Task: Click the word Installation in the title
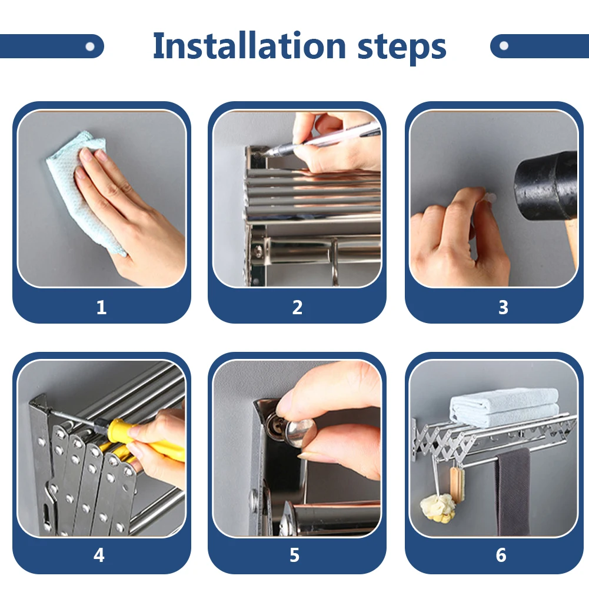click(249, 45)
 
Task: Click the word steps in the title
click(401, 48)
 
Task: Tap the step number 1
click(101, 307)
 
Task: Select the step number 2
click(297, 307)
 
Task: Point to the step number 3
click(503, 307)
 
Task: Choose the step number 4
click(99, 555)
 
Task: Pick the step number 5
click(294, 555)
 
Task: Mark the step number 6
click(501, 555)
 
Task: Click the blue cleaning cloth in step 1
click(80, 188)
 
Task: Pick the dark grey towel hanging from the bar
click(513, 492)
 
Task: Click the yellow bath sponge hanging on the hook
click(438, 508)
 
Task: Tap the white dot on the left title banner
click(90, 46)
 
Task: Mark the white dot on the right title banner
click(504, 46)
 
